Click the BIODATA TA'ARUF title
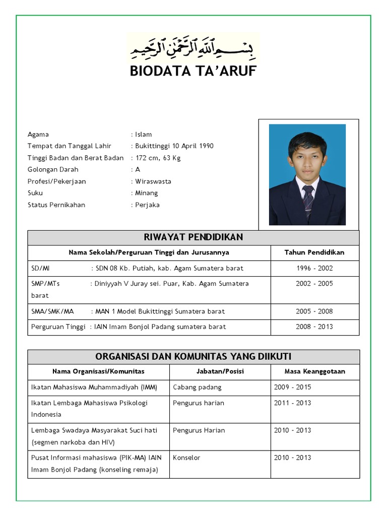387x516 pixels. [193, 72]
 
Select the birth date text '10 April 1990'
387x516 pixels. [193, 146]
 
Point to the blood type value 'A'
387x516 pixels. [138, 169]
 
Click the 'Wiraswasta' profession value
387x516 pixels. [153, 181]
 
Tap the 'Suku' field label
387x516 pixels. [35, 193]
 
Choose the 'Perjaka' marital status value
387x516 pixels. [147, 205]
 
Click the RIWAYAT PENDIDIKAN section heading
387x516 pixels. [193, 237]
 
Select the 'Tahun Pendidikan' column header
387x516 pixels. [314, 252]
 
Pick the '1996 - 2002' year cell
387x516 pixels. [314, 268]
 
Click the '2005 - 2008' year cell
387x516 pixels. [314, 311]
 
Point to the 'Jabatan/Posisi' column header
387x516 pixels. [220, 371]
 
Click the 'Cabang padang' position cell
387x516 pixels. [197, 387]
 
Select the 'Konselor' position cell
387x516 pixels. [186, 458]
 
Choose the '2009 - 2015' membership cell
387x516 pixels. [293, 387]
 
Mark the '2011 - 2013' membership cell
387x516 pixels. [293, 403]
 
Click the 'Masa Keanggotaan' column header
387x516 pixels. [314, 371]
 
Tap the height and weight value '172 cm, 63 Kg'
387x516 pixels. [158, 158]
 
